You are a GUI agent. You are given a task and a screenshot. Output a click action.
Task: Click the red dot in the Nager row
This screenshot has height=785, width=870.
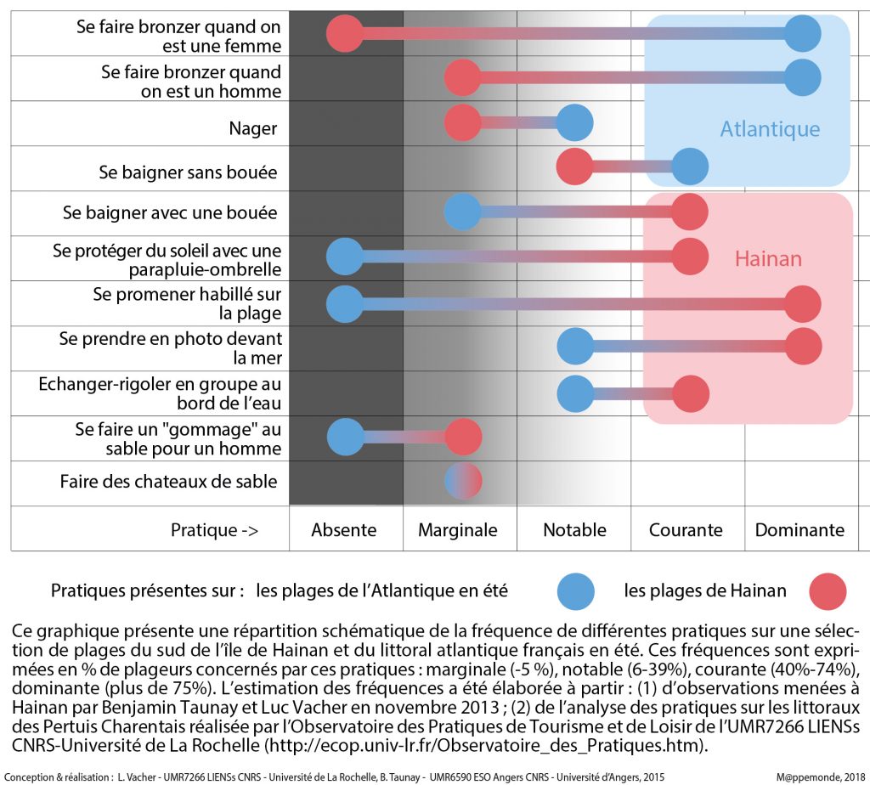(x=463, y=123)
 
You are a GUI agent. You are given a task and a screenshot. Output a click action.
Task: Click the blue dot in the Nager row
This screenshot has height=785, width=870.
(x=574, y=123)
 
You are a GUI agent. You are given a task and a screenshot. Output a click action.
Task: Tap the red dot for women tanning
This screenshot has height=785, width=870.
(x=345, y=34)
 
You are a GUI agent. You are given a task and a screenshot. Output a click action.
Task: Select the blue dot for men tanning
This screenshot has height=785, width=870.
(x=803, y=78)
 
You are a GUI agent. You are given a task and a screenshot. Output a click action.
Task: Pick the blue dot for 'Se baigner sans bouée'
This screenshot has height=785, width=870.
(x=690, y=167)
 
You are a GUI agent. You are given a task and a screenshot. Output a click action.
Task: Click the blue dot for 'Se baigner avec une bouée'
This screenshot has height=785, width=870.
(x=463, y=212)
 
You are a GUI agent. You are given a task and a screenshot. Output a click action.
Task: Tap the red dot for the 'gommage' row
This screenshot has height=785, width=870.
(x=463, y=437)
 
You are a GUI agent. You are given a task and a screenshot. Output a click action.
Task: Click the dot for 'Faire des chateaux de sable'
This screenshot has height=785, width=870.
(x=463, y=481)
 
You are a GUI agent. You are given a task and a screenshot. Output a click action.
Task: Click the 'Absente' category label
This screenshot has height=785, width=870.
(x=344, y=530)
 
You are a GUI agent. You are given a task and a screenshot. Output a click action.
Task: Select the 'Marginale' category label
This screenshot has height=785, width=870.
(x=458, y=530)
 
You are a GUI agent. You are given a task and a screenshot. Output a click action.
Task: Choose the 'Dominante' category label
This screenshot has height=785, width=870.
(x=799, y=530)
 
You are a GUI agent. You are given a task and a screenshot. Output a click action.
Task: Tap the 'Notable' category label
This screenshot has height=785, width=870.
(x=574, y=530)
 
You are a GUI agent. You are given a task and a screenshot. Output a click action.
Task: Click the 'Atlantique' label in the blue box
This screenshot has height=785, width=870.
(x=770, y=129)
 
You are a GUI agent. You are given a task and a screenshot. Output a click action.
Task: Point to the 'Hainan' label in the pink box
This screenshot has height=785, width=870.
(x=768, y=258)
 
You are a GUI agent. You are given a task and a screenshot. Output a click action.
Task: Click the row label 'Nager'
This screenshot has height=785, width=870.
(x=253, y=129)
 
